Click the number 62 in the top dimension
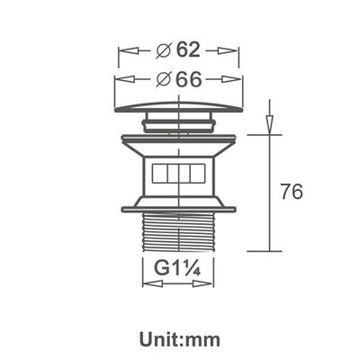(x=188, y=49)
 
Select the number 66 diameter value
(x=188, y=79)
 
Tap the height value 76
(x=292, y=192)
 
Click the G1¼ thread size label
(x=177, y=268)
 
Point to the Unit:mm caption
(x=180, y=340)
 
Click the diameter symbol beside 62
(x=164, y=51)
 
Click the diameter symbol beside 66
(x=164, y=79)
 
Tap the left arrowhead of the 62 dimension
(x=129, y=50)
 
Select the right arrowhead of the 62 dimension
(x=228, y=50)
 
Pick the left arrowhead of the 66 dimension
(x=126, y=79)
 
